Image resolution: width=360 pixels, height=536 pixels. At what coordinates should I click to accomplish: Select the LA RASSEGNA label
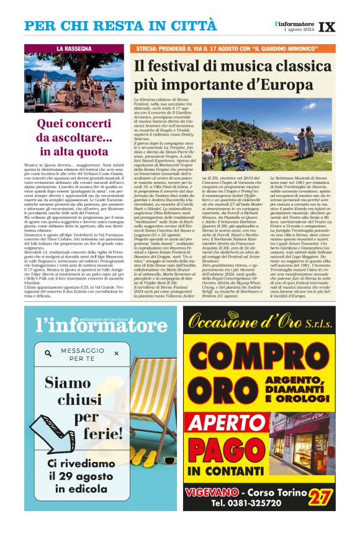(74, 48)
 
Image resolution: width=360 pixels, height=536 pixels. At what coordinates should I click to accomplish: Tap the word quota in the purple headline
(93, 151)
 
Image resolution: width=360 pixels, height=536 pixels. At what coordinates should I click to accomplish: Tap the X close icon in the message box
(116, 353)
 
